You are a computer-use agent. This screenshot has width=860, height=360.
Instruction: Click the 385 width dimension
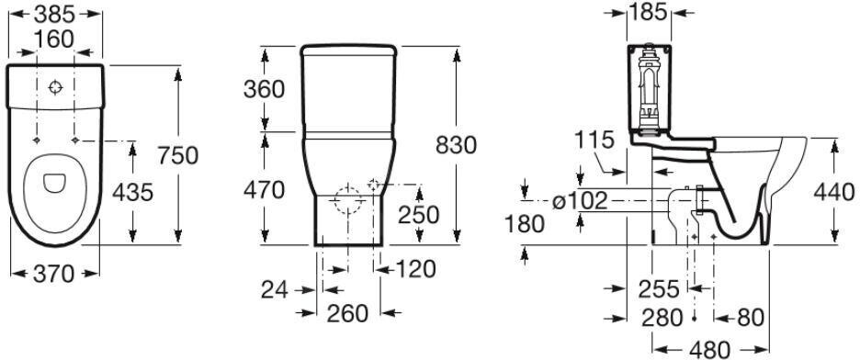(55, 15)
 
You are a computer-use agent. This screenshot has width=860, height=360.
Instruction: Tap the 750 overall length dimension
(177, 155)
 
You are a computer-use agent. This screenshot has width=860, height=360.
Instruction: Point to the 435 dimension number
(132, 192)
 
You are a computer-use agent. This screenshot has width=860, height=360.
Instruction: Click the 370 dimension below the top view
(53, 273)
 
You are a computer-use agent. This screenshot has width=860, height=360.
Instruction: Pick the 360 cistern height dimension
(264, 89)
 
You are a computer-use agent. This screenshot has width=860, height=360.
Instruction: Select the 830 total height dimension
(456, 145)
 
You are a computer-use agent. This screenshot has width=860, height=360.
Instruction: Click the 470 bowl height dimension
(264, 190)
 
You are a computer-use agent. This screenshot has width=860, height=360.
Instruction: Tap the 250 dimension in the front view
(418, 215)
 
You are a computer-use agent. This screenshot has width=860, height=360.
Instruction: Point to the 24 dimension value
(274, 290)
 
